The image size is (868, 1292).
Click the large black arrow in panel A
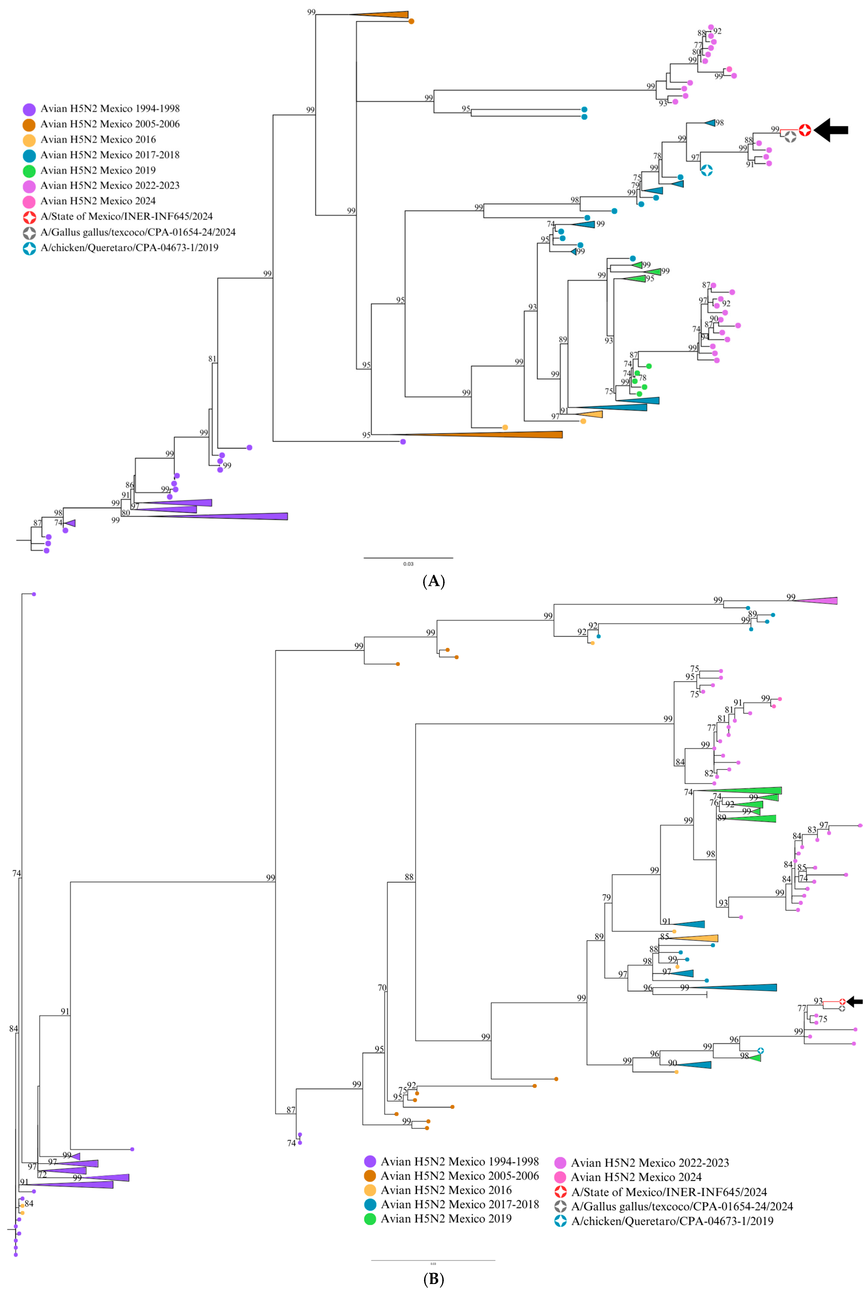(832, 130)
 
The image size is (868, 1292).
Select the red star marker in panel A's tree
(805, 130)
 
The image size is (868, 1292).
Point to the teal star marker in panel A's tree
(706, 171)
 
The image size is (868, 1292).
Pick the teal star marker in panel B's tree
(761, 1050)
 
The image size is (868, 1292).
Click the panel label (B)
(433, 1279)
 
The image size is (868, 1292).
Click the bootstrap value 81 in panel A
(212, 359)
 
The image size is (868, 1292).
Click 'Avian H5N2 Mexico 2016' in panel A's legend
(98, 140)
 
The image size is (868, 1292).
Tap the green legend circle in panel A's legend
(29, 171)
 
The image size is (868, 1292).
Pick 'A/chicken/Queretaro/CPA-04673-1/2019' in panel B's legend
(672, 1221)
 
